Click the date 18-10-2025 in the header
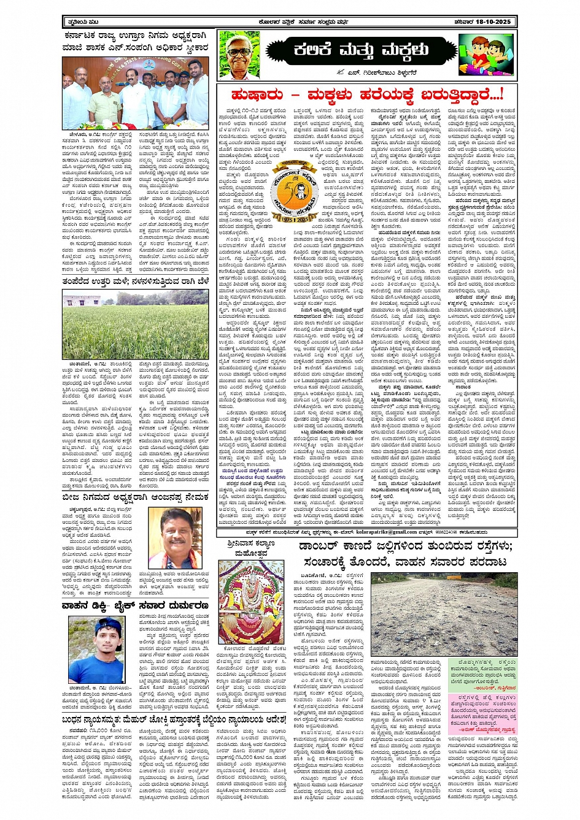click(x=487, y=22)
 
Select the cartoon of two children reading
click(x=486, y=54)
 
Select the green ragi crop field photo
click(x=135, y=324)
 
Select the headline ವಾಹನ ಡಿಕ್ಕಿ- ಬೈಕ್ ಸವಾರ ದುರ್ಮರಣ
click(x=135, y=605)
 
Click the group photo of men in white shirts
click(x=135, y=92)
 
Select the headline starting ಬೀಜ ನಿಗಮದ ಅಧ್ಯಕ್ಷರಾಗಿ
click(x=135, y=497)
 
